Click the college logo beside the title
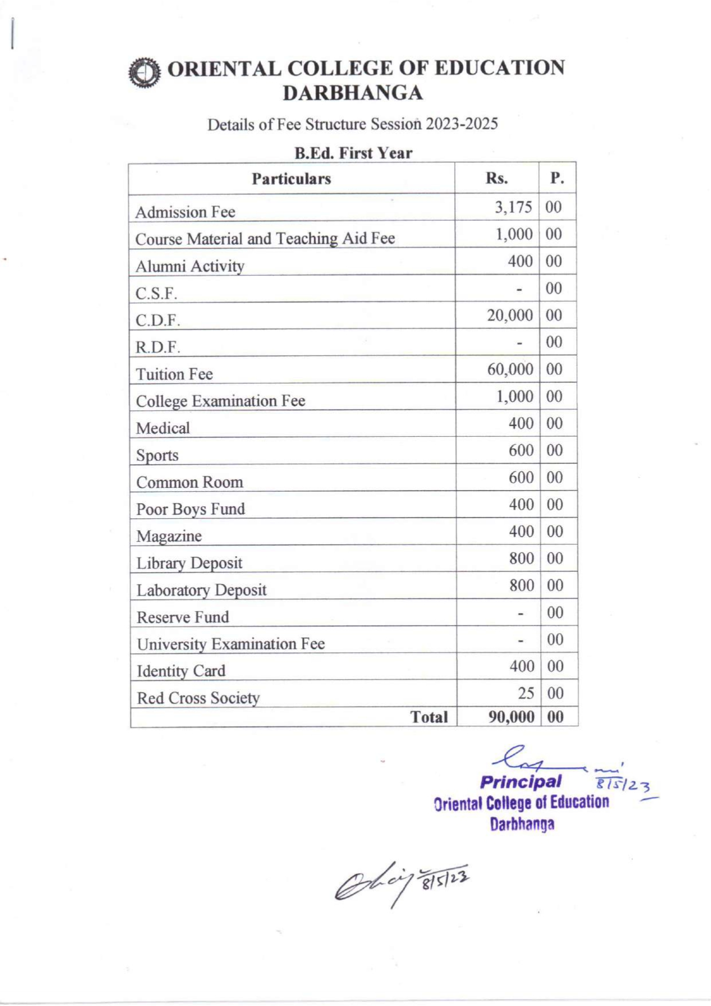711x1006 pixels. tap(144, 73)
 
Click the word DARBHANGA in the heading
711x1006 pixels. tap(353, 93)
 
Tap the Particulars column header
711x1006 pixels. tap(291, 179)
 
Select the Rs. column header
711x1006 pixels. tap(497, 178)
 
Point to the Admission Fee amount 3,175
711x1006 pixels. tap(513, 207)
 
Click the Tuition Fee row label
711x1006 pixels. tap(174, 374)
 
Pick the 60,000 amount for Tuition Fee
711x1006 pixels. tap(510, 369)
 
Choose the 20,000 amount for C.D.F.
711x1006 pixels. tap(510, 315)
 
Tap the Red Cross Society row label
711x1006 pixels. tap(198, 698)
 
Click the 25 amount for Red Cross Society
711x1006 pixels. tap(526, 694)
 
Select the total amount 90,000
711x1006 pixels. tap(511, 717)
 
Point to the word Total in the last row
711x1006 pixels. tap(429, 717)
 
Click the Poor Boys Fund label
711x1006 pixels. tap(190, 509)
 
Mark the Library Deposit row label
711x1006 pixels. tap(189, 563)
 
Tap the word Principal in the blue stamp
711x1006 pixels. tap(521, 782)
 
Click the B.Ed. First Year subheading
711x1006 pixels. tap(353, 153)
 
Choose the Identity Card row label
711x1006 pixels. tap(181, 671)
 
